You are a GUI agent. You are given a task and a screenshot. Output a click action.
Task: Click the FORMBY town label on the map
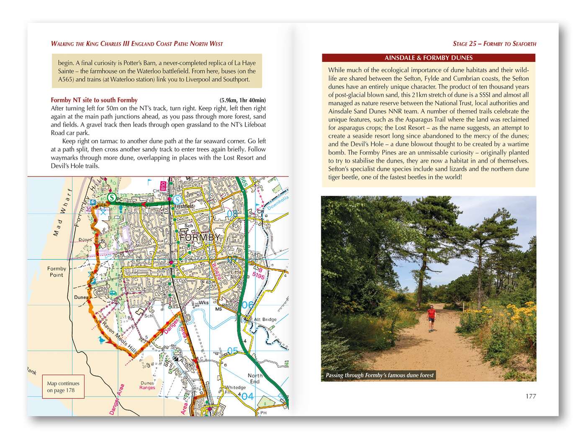[200, 237]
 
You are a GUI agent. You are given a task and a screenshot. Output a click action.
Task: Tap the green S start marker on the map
[111, 197]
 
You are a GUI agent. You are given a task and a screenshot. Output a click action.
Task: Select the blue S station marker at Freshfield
[177, 200]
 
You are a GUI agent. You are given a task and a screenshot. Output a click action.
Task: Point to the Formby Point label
[57, 272]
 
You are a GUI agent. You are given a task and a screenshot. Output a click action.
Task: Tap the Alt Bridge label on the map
[265, 319]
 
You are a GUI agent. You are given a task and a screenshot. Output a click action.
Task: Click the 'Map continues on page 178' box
[63, 387]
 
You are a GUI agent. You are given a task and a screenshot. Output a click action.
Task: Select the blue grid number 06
[248, 305]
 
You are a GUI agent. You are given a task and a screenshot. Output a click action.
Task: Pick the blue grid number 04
[247, 396]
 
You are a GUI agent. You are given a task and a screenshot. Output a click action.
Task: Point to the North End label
[255, 378]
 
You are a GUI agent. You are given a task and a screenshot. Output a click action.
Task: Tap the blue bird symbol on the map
[102, 340]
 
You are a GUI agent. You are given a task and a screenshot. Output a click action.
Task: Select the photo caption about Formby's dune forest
[380, 375]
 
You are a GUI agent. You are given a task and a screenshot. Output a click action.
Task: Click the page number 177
[530, 396]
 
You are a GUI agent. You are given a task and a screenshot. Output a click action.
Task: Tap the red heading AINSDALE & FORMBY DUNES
[428, 58]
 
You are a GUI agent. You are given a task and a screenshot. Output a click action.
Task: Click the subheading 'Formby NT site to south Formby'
[94, 100]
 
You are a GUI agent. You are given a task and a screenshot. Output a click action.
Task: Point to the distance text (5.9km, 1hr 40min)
[242, 100]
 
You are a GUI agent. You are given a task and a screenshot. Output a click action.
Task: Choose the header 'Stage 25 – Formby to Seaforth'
[494, 43]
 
